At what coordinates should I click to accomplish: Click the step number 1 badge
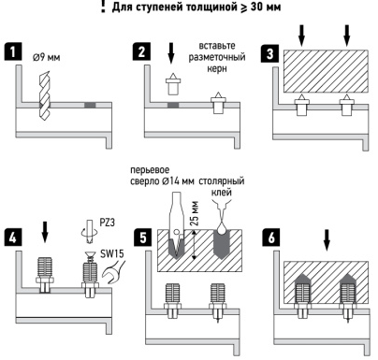tap(12, 51)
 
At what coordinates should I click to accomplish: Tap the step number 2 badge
tap(141, 51)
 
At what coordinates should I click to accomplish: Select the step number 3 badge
tap(269, 53)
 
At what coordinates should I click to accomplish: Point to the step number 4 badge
tap(12, 238)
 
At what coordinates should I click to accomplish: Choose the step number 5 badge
tap(142, 238)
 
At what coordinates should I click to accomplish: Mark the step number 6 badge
tap(271, 238)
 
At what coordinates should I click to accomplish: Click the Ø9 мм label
tap(46, 57)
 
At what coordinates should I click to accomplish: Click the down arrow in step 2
tap(170, 53)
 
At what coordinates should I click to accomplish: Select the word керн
tap(217, 68)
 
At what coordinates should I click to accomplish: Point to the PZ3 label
tap(107, 223)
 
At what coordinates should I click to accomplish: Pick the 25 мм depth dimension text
tap(194, 213)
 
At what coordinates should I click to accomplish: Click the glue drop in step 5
tap(221, 228)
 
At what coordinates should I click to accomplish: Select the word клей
tap(222, 193)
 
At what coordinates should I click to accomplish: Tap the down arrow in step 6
tap(327, 240)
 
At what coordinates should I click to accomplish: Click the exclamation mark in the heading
tap(103, 7)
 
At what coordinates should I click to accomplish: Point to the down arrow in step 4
tap(45, 232)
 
